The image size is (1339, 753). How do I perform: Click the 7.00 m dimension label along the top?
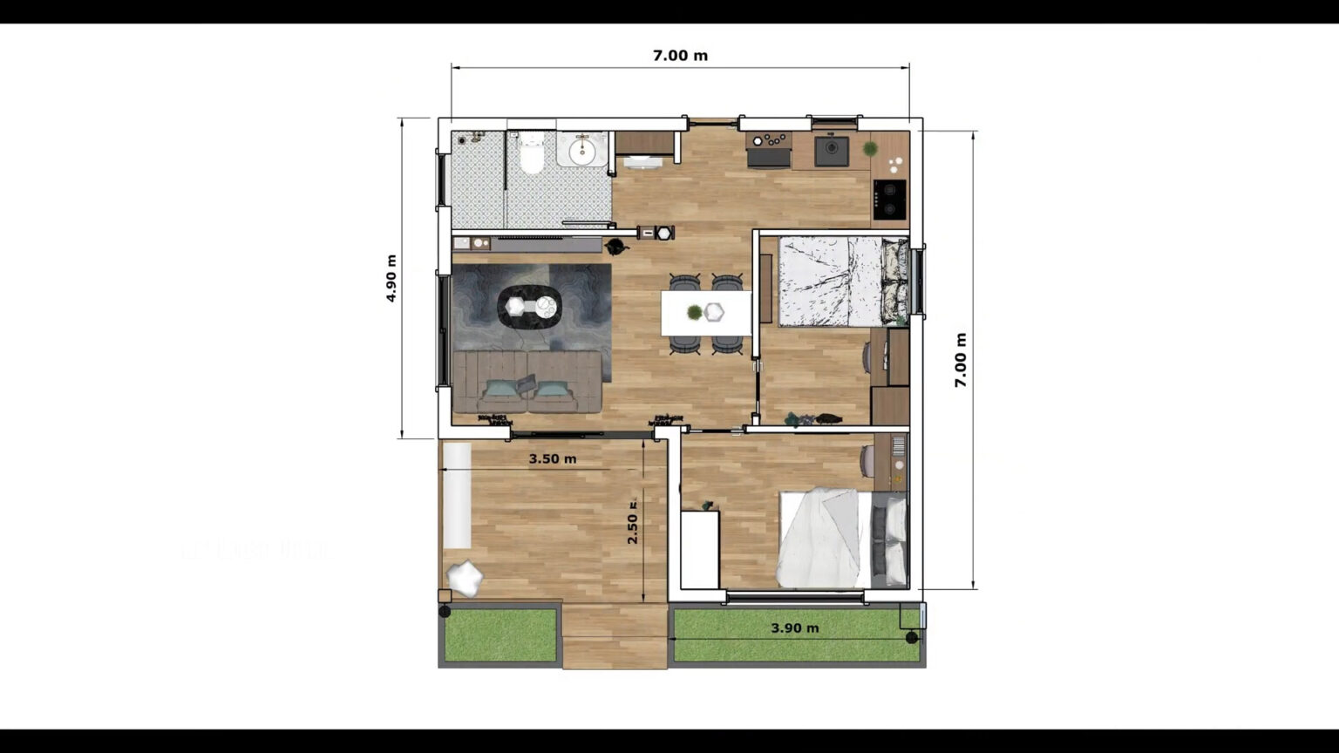tap(680, 56)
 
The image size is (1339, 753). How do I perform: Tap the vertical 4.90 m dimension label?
tap(391, 278)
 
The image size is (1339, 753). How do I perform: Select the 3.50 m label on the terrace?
tap(552, 459)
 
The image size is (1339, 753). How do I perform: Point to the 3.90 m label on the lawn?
tap(794, 628)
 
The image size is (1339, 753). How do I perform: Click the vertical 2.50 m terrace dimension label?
tap(633, 523)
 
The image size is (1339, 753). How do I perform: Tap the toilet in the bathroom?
tap(529, 156)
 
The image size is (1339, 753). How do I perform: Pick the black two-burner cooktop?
tap(890, 199)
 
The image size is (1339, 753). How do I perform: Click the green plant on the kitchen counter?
tap(870, 149)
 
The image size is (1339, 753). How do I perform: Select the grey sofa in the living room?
tap(527, 382)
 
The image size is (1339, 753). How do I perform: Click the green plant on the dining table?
tap(694, 312)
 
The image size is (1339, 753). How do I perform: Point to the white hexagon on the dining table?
tap(715, 311)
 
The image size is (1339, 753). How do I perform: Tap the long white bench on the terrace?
tap(457, 496)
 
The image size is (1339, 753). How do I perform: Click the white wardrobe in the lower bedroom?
tap(699, 550)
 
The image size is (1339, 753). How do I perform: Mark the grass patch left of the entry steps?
tap(500, 634)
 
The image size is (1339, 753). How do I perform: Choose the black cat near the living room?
tap(616, 246)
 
